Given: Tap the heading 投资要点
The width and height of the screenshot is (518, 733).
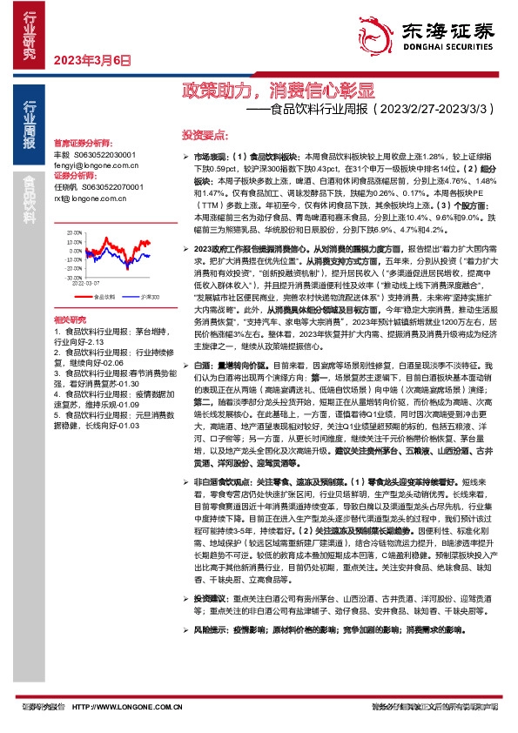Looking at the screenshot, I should click(x=204, y=135).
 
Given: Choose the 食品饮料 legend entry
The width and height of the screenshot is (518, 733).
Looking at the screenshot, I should click(x=104, y=297).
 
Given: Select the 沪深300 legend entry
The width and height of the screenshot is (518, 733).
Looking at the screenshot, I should click(x=146, y=297).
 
